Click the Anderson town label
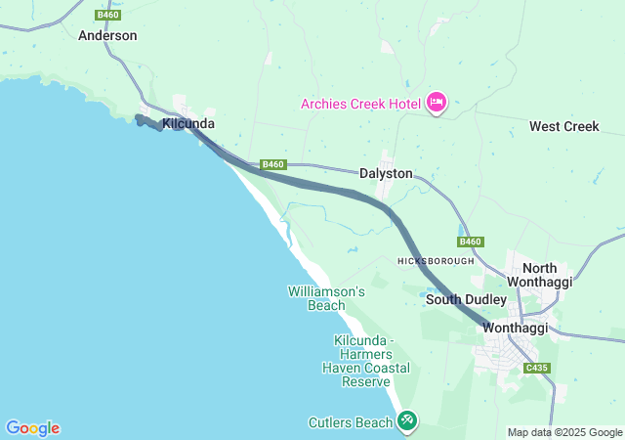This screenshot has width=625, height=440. coord(107,35)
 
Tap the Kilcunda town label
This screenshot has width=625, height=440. coord(188,124)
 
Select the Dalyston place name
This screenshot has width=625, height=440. coord(386,173)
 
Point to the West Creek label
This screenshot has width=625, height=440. coord(563,127)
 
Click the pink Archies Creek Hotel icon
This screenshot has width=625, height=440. coord(436,103)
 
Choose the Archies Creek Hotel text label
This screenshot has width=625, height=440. coord(360,103)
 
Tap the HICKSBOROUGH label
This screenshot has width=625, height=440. coord(436,261)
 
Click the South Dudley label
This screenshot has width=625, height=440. coord(466,299)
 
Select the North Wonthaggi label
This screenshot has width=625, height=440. coord(554,275)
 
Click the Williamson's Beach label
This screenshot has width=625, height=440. coord(326,298)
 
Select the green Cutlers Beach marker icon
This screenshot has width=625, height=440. coord(407,421)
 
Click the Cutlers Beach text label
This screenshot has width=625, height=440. coord(349,422)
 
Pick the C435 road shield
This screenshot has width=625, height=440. coord(536,368)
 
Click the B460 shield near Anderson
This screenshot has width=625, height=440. coord(107,15)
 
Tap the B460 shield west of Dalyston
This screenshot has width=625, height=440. coord(273,164)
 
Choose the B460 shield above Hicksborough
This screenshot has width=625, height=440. coord(470,242)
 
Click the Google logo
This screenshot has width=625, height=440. coord(32,428)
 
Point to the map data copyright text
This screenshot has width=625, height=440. coord(563,432)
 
